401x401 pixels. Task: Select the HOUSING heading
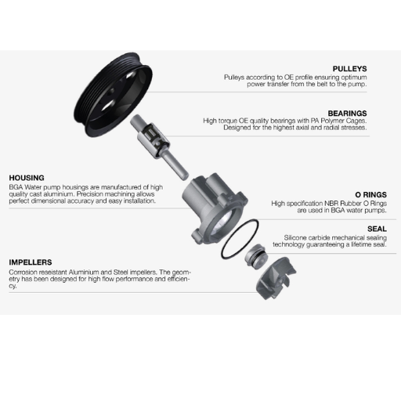point(27,178)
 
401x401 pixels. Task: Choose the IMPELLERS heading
point(31,262)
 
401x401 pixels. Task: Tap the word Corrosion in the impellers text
point(23,272)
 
